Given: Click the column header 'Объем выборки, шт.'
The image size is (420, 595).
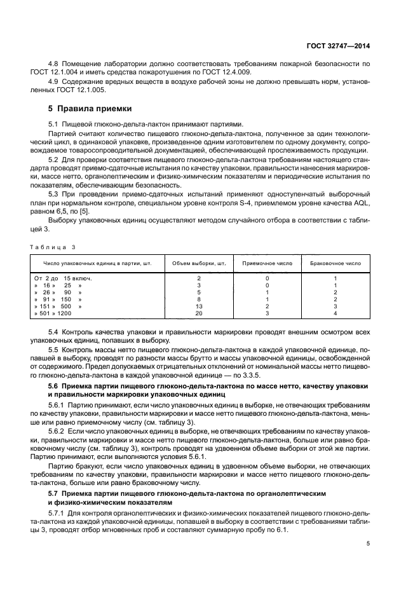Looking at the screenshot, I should [199, 263].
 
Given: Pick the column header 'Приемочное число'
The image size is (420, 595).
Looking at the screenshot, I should [267, 263].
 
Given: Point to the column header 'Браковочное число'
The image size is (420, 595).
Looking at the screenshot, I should [335, 263].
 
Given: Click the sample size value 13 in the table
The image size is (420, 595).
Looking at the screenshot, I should [199, 305].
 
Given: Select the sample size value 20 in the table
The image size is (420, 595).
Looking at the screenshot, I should [199, 313].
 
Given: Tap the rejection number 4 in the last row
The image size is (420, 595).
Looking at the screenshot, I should [335, 313].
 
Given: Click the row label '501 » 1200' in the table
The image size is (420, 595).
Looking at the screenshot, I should [57, 313].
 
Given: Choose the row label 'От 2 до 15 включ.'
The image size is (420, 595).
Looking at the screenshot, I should [62, 278].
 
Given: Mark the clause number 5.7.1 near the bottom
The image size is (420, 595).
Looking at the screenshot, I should [58, 512].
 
